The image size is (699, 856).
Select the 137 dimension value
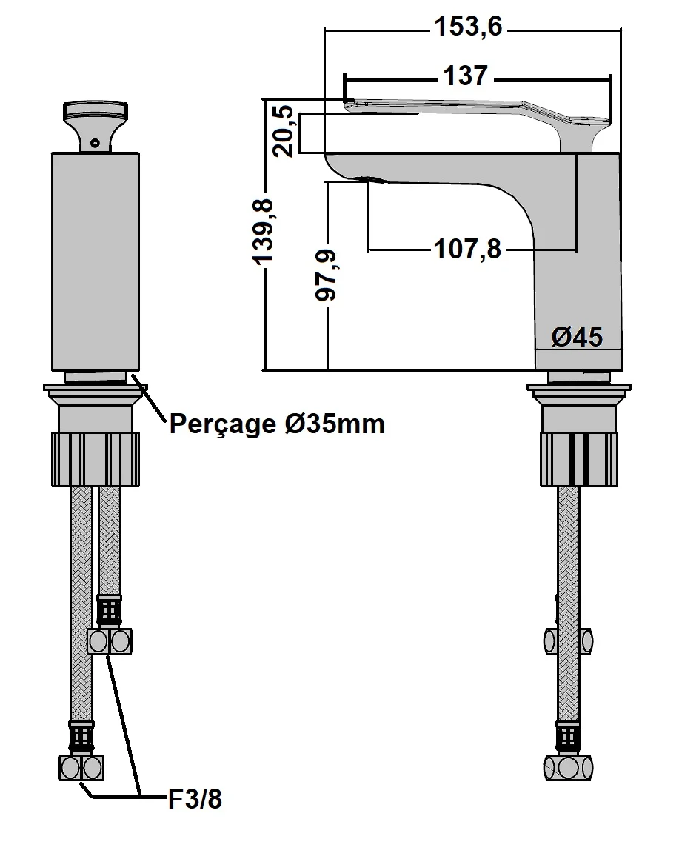(x=466, y=76)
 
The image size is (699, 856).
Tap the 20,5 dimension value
(x=285, y=131)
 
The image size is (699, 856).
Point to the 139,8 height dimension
(x=264, y=230)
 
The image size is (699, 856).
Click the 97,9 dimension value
(x=327, y=275)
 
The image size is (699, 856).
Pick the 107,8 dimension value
(x=466, y=250)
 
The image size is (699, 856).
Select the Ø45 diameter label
(x=577, y=337)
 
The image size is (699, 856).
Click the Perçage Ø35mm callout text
(x=277, y=424)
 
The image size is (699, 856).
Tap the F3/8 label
(x=195, y=800)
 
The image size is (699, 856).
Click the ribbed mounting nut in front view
(x=95, y=459)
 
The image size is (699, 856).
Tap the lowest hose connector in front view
(x=81, y=766)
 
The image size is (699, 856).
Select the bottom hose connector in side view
(x=569, y=766)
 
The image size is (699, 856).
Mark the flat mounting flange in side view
(x=579, y=387)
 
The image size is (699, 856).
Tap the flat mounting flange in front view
(x=96, y=387)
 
